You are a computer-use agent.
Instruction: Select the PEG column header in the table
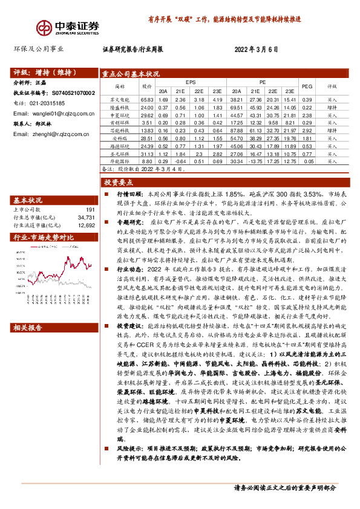(x=307, y=86)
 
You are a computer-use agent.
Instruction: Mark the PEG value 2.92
(x=307, y=131)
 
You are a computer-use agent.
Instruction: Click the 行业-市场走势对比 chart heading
(x=44, y=237)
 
